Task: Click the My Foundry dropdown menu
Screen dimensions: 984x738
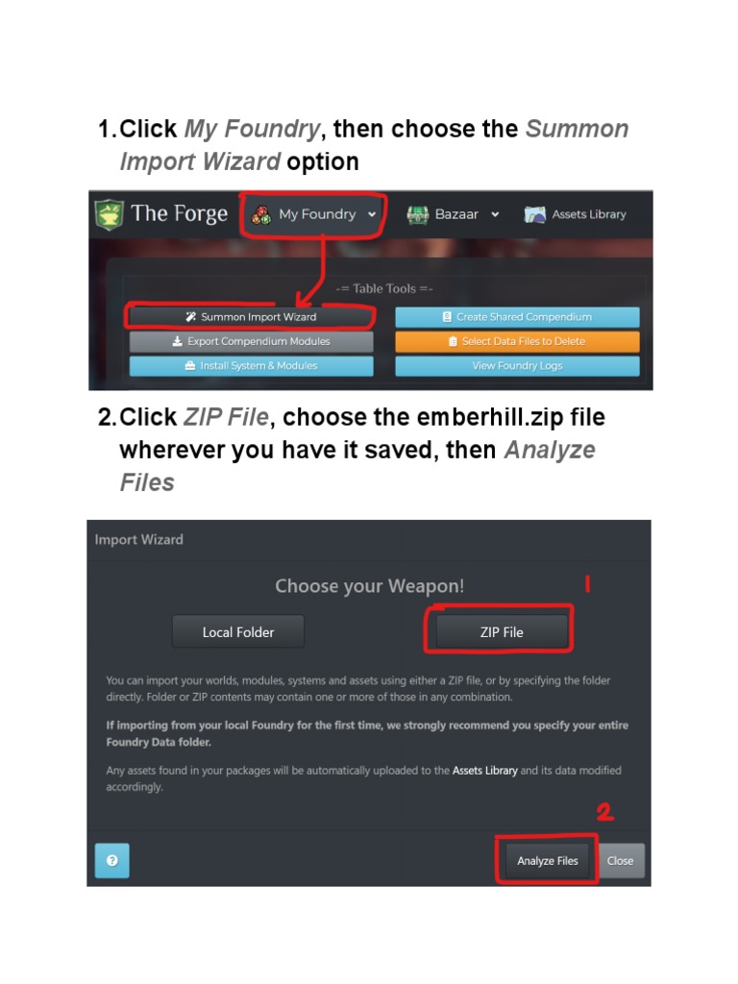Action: click(316, 214)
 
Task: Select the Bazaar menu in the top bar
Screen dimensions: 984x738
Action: click(454, 214)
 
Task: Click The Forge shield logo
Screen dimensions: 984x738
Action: click(109, 214)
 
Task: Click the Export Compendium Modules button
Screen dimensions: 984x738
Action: click(251, 341)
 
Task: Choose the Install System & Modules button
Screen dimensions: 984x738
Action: click(251, 366)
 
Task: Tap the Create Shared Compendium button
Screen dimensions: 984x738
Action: click(517, 317)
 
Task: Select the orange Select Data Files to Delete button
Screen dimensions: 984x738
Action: click(517, 341)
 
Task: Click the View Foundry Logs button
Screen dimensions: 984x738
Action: click(517, 366)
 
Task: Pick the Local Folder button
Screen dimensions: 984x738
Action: click(238, 632)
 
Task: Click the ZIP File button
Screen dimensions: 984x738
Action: click(502, 632)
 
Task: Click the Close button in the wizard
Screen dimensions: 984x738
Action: click(621, 861)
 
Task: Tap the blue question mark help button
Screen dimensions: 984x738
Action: click(111, 861)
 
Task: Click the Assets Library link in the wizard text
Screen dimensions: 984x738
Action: click(484, 771)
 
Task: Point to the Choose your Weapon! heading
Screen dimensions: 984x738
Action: click(369, 586)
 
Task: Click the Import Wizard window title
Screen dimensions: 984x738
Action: click(138, 540)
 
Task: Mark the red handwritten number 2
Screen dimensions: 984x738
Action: click(604, 812)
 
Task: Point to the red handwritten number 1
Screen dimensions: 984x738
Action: click(587, 583)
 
